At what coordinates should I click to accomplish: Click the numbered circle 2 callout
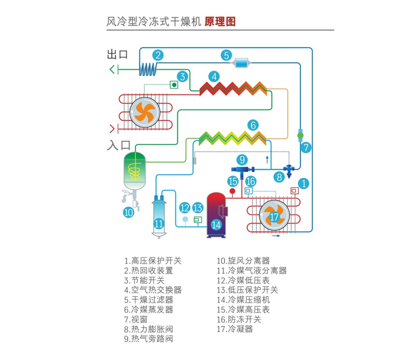[x=158, y=55]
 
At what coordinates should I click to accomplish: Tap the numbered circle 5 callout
[x=226, y=55]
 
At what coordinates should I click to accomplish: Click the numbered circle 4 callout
[x=215, y=76]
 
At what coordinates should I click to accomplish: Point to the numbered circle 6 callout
[x=253, y=125]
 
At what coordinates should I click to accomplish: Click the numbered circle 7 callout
[x=306, y=146]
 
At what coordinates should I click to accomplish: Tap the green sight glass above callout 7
[x=300, y=135]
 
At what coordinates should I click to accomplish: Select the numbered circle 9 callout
[x=242, y=159]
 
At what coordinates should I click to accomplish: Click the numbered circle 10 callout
[x=128, y=212]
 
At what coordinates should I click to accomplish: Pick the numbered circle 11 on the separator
[x=159, y=223]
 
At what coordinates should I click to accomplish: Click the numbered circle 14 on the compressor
[x=216, y=224]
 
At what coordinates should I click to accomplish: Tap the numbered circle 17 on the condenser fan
[x=274, y=217]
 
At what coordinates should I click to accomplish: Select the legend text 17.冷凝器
[x=234, y=329]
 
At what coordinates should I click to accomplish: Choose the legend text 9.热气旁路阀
[x=148, y=339]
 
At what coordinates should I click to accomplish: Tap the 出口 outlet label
[x=118, y=55]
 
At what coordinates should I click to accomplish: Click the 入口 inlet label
[x=118, y=145]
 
